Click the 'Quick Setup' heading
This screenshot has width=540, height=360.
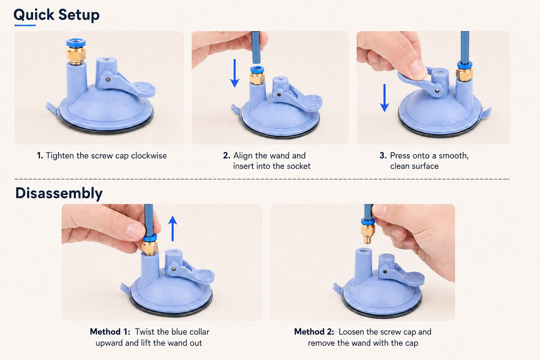(x=56, y=15)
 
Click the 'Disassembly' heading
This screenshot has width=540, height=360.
(x=59, y=193)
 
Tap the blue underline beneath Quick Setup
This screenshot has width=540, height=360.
(x=25, y=25)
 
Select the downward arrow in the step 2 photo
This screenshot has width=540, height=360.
(x=234, y=73)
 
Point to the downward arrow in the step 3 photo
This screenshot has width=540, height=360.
(x=384, y=98)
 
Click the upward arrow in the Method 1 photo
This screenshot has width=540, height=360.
(x=173, y=228)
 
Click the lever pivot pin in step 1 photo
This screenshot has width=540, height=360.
(x=108, y=79)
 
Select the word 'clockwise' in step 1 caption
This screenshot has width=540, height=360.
(x=149, y=156)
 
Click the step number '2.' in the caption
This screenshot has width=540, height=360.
(x=227, y=156)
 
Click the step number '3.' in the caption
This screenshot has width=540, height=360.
(x=383, y=156)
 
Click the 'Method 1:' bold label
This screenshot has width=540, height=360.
(x=110, y=332)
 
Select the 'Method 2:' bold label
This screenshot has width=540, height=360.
(x=314, y=332)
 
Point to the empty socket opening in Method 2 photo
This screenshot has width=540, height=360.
(x=364, y=251)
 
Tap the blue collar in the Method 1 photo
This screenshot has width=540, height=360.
(x=149, y=238)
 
